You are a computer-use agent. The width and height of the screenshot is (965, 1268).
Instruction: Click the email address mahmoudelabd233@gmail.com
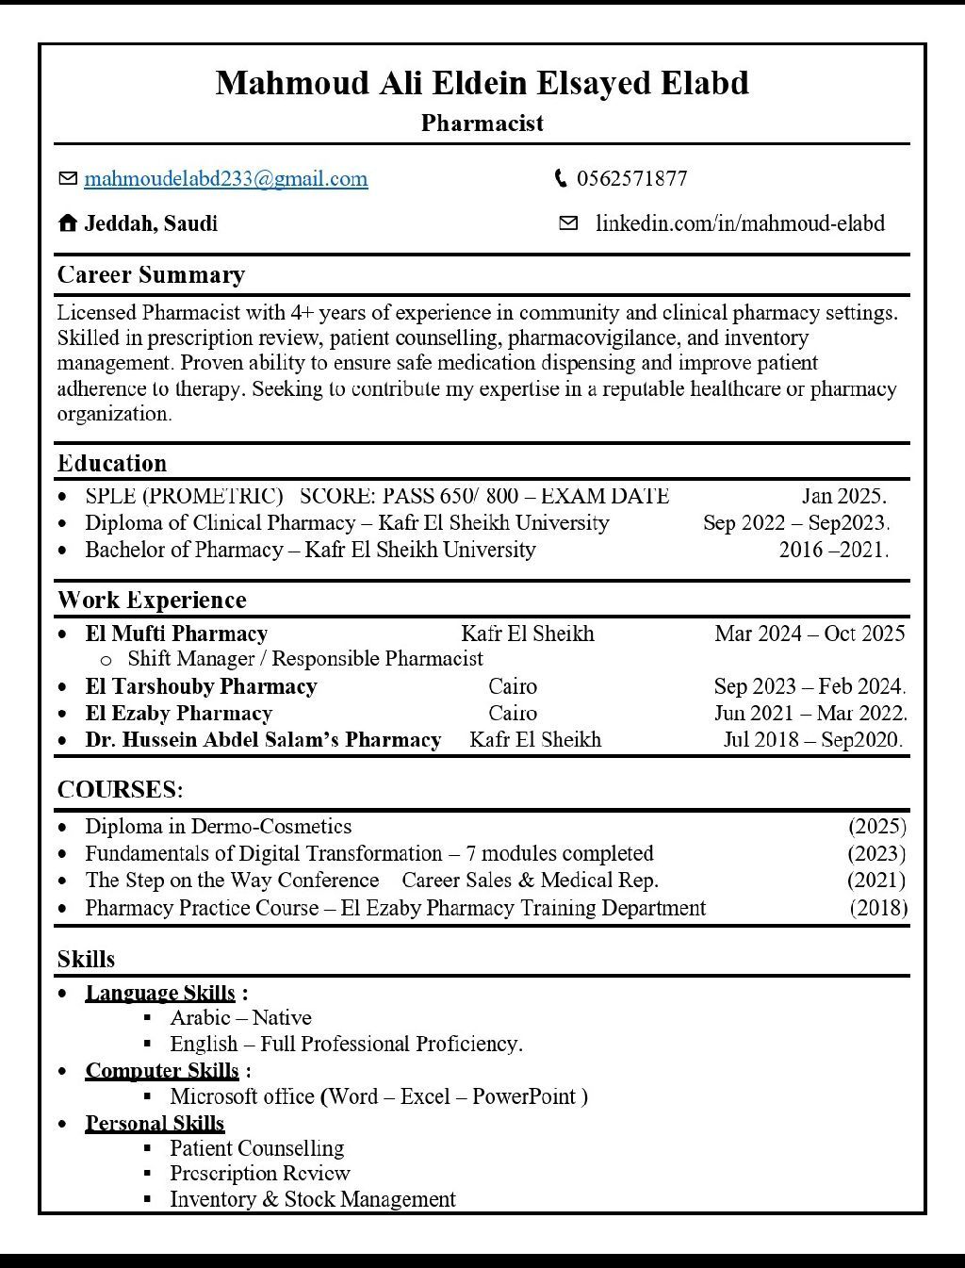point(225,179)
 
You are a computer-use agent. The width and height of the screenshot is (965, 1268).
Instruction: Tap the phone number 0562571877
point(631,179)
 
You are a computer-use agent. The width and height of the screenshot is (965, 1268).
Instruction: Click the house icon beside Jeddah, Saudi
point(67,223)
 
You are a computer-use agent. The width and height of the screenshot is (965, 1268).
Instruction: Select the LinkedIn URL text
point(740,223)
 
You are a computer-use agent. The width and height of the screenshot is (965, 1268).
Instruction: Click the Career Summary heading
point(151,275)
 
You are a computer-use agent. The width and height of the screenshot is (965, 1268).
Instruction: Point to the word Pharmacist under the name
point(482,124)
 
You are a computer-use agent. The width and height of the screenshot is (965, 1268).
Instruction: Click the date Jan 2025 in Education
point(843,496)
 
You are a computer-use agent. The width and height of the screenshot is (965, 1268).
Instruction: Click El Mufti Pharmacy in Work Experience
point(176,634)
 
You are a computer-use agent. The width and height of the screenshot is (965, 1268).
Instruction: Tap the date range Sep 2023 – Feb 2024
point(810,686)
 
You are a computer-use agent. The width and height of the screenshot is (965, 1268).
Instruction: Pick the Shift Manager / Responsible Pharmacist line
point(304,659)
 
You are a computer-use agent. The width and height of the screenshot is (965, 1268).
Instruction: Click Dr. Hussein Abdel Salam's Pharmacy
point(263,740)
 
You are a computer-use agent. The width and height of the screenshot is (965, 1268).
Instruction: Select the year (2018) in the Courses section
point(878,908)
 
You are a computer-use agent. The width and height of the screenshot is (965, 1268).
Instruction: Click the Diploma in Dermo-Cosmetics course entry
point(218,827)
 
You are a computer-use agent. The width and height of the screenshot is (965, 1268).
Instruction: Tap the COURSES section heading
point(120,790)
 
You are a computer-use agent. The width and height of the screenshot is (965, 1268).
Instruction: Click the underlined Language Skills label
point(160,993)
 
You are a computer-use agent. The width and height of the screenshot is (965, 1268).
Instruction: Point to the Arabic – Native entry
point(240,1018)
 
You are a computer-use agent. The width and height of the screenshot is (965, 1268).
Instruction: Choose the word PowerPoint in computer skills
point(524,1096)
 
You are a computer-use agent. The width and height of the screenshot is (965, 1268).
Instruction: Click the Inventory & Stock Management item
point(312,1199)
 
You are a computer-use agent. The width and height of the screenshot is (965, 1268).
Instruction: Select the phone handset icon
point(561,178)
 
